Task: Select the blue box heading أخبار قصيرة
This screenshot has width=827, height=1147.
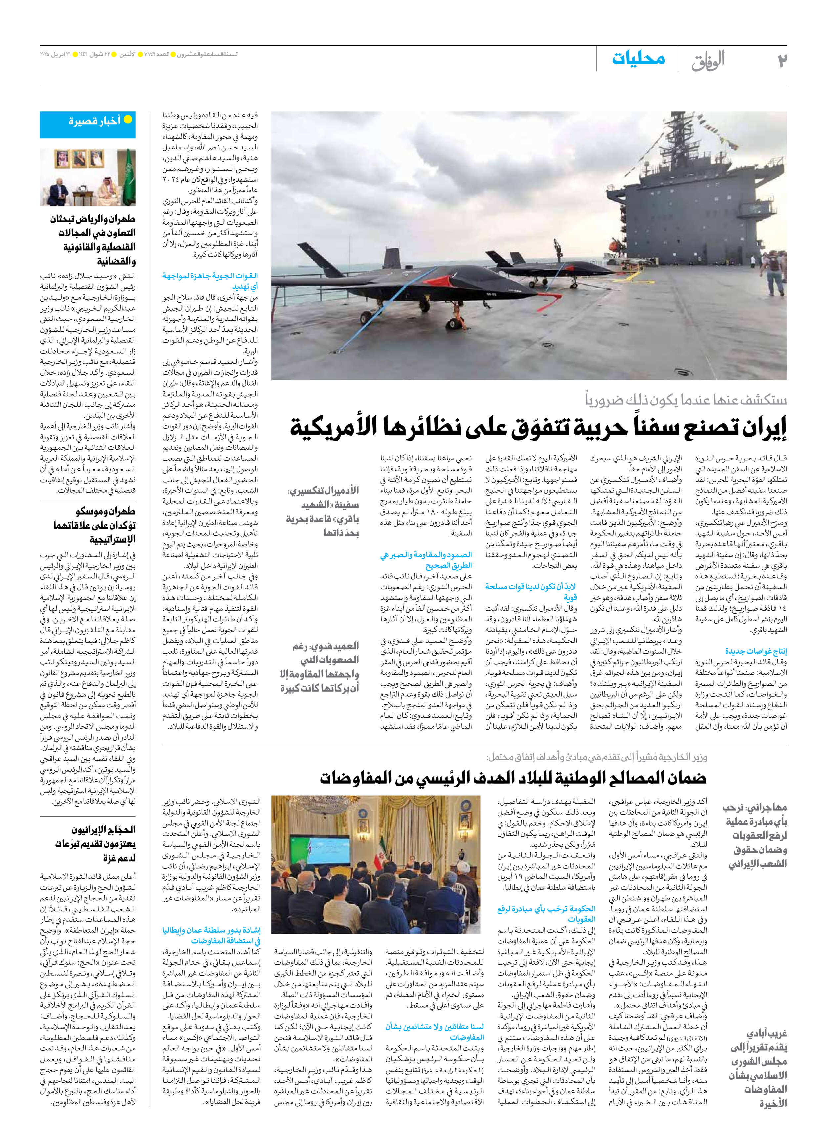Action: (x=95, y=121)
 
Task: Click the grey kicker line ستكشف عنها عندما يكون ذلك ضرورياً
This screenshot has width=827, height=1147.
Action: (x=685, y=400)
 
